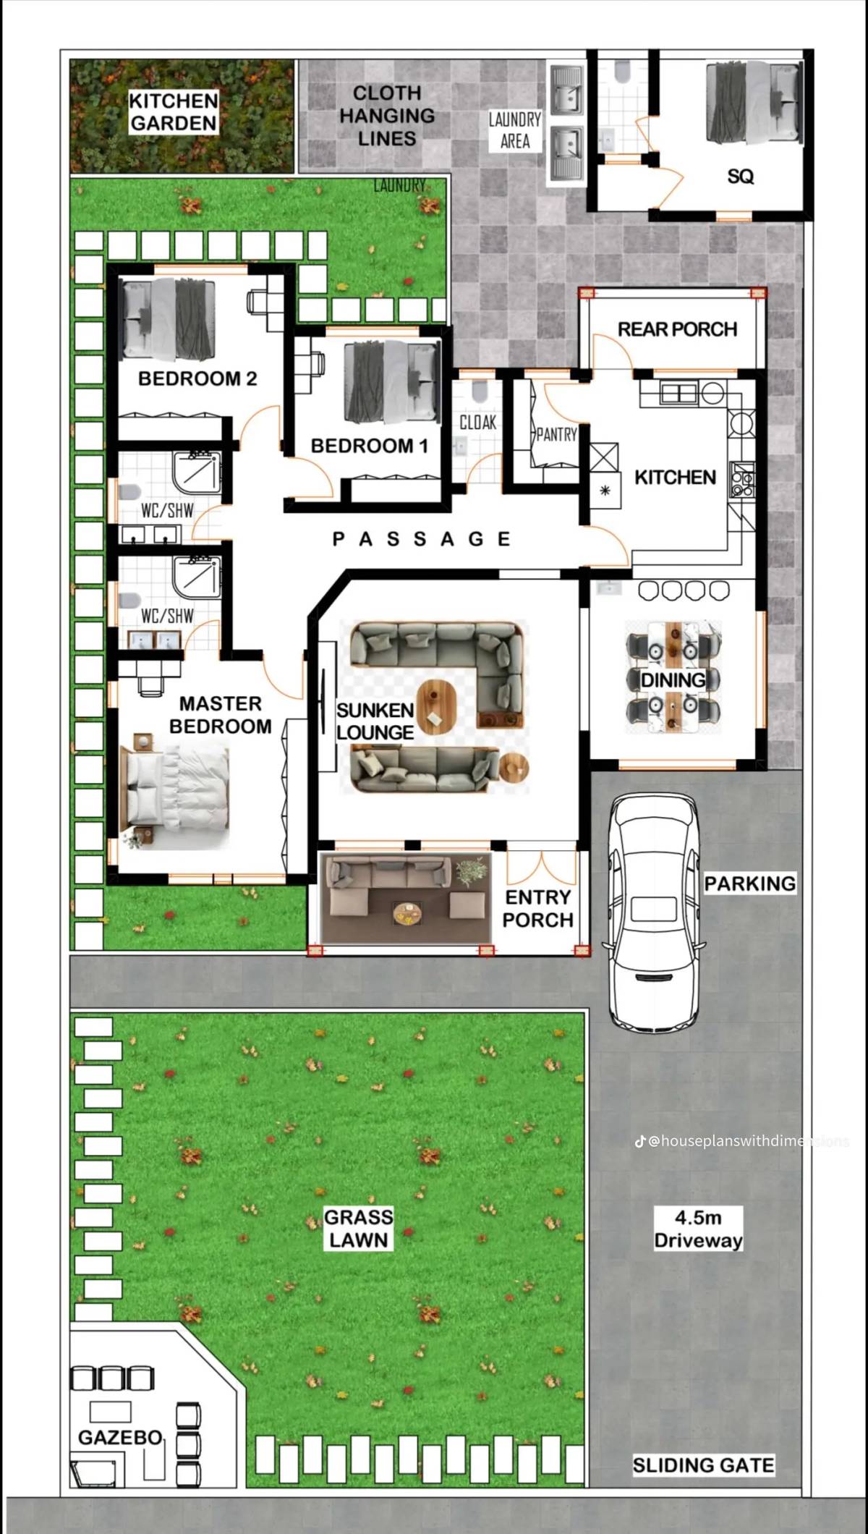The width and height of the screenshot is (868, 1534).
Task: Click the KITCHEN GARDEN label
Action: (174, 112)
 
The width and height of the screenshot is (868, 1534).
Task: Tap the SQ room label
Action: (740, 177)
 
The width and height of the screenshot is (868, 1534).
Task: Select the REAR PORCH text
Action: (677, 330)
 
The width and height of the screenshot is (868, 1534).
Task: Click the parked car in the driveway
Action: (655, 912)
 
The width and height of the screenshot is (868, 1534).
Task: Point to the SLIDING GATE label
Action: (703, 1465)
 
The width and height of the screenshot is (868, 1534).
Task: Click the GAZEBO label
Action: (120, 1437)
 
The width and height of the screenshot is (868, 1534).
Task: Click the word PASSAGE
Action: (422, 539)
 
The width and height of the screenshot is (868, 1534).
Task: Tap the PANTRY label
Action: (556, 434)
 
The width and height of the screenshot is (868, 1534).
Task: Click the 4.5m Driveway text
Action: (698, 1228)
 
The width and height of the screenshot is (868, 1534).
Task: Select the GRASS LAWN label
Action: (359, 1228)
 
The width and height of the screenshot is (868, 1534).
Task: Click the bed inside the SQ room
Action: (752, 101)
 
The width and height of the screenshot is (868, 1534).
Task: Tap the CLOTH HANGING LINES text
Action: (387, 116)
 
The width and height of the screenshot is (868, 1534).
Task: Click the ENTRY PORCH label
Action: (537, 909)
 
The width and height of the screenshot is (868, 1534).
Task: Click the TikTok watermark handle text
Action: (745, 1141)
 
